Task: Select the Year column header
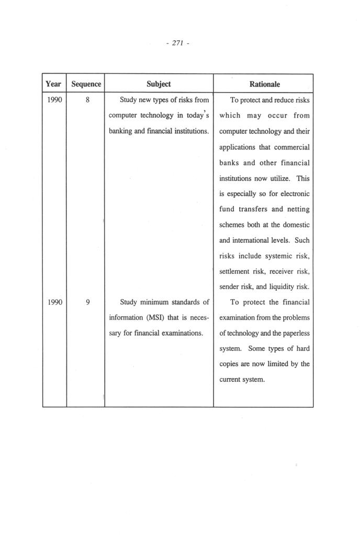click(x=53, y=84)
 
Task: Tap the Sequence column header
click(x=86, y=84)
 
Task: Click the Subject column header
click(x=159, y=84)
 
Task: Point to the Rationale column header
click(x=264, y=84)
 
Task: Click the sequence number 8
click(x=86, y=100)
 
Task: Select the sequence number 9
click(x=86, y=302)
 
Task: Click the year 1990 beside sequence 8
click(x=54, y=100)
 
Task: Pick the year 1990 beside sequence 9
click(x=54, y=302)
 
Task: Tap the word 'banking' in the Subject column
click(x=120, y=131)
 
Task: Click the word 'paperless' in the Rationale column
click(x=295, y=333)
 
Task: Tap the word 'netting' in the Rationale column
click(x=298, y=209)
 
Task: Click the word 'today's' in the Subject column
click(x=198, y=115)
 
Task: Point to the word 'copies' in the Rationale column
click(x=230, y=364)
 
